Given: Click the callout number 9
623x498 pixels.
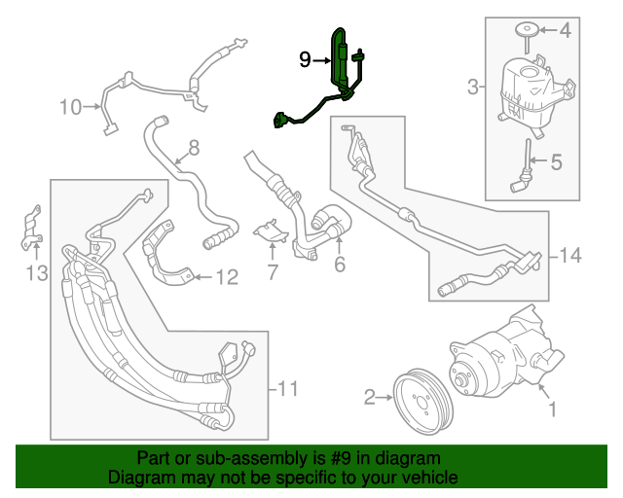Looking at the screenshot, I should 305,60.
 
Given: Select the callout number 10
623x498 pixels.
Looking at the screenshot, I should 70,107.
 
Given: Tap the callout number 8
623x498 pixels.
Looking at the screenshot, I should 194,148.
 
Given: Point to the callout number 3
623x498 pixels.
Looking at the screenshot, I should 473,89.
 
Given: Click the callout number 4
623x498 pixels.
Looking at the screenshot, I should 557,161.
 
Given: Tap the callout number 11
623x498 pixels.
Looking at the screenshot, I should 285,390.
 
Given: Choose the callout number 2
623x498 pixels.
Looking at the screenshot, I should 370,396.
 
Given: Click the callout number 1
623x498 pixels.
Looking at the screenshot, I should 553,410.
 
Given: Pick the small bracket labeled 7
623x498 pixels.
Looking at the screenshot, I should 267,232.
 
